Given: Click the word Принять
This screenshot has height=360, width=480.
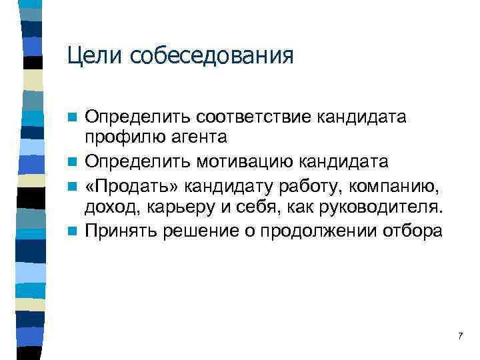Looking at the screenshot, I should [117, 231].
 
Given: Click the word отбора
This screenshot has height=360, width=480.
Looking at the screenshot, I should [413, 231].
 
